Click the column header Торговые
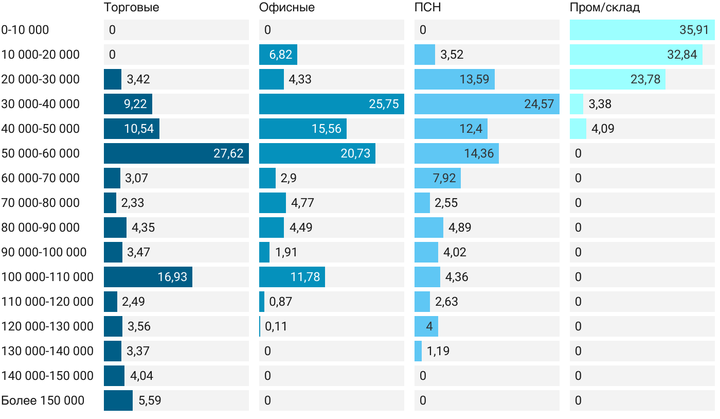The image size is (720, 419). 131,8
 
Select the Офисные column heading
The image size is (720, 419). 287,8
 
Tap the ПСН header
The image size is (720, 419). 427,8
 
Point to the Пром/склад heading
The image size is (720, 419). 605,8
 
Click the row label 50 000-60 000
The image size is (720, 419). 41,153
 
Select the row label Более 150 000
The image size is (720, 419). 43,400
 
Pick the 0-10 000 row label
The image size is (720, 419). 25,30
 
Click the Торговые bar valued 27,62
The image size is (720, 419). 176,153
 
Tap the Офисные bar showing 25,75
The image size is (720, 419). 331,104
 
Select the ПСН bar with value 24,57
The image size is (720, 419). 487,104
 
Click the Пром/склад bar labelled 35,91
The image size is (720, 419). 642,30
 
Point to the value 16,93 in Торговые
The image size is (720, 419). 172,277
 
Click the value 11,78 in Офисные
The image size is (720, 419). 305,277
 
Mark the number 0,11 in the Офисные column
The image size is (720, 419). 276,326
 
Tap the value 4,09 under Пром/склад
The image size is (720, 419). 603,129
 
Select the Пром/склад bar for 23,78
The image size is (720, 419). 617,79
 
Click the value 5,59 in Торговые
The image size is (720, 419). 150,400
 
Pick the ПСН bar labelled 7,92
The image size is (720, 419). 437,178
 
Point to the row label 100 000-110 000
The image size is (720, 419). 47,277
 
